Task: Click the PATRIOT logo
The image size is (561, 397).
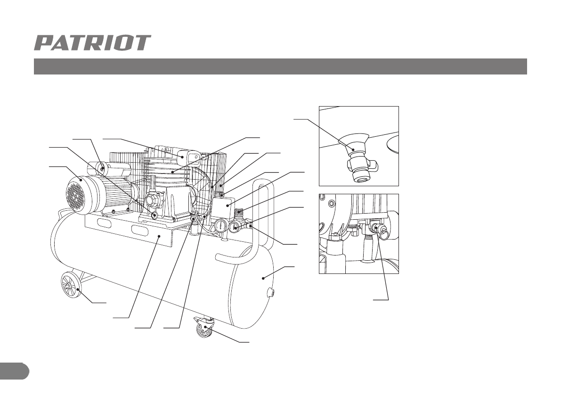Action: click(92, 43)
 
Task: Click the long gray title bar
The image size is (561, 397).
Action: click(280, 66)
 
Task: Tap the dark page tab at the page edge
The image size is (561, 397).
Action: click(14, 371)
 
